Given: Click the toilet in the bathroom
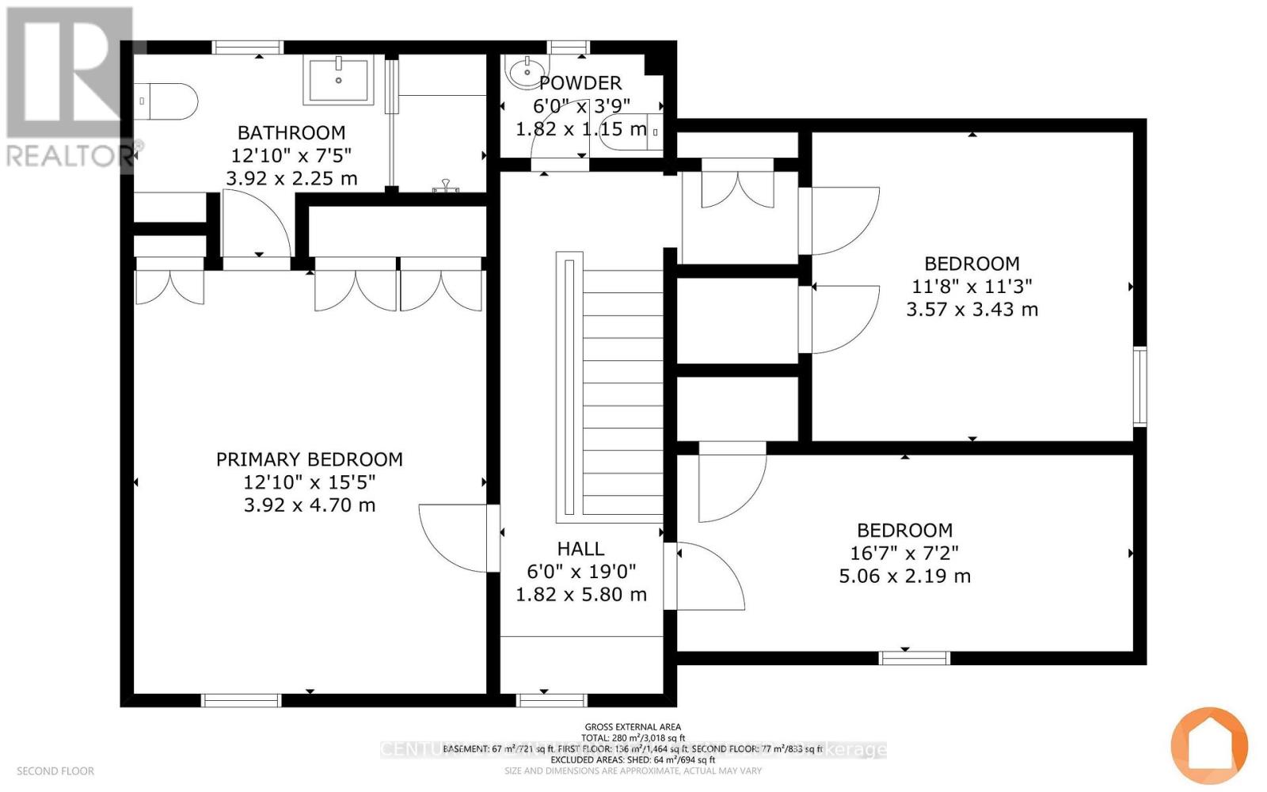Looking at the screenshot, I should coord(166,101).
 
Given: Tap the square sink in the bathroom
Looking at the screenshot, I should coord(338,79).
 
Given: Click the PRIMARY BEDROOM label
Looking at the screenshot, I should coord(309,459).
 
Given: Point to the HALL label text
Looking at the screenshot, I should coord(580,549).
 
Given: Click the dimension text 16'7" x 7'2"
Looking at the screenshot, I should coord(904,554).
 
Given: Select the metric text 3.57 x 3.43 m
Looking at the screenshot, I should coord(972,310).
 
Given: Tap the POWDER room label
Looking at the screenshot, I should coord(580,83).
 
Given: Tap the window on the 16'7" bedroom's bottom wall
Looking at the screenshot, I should coord(915,657).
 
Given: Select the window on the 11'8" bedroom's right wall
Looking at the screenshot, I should coord(1140,386).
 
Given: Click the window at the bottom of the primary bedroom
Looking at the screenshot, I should coord(242,700).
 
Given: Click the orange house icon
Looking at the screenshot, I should coord(1209,745).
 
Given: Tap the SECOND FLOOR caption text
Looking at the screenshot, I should coord(55,771).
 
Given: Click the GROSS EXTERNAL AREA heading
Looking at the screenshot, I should coord(633,727).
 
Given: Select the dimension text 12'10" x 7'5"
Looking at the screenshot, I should coord(291,156).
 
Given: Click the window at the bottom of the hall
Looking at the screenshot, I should coord(552,700).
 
